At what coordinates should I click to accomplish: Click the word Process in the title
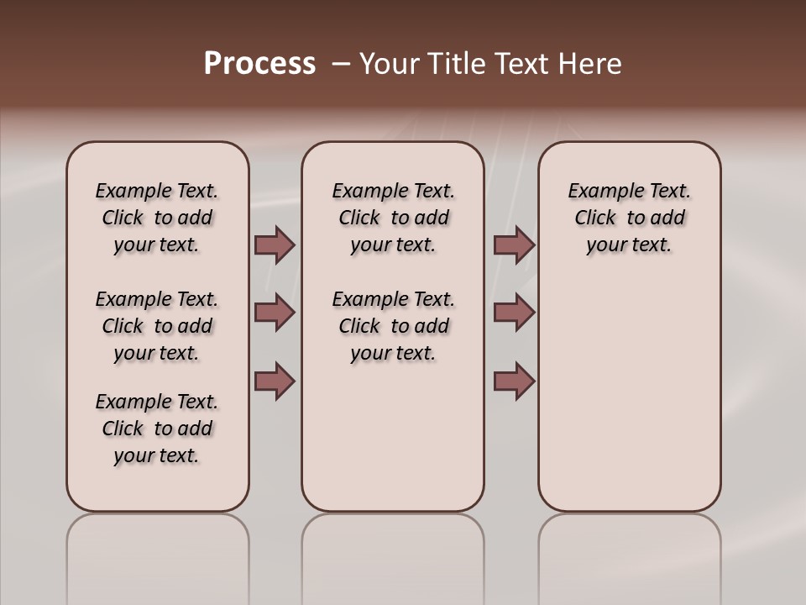click(259, 64)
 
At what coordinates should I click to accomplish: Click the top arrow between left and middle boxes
click(275, 245)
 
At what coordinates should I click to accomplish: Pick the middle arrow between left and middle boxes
click(275, 313)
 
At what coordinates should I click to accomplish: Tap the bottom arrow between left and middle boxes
click(275, 381)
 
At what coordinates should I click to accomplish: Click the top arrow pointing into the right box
click(514, 245)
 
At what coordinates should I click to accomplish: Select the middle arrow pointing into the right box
click(514, 313)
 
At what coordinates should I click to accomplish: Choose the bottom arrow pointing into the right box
click(514, 381)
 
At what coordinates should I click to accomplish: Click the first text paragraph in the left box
click(157, 218)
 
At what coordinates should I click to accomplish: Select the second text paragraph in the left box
click(157, 326)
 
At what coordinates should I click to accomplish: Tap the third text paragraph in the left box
click(157, 429)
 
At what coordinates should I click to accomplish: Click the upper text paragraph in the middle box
click(393, 218)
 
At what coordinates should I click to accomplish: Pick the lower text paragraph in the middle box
click(393, 326)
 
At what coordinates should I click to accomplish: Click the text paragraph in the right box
click(629, 218)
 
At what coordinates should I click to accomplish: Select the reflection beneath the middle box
click(393, 555)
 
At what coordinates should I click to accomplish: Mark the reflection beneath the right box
click(629, 555)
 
